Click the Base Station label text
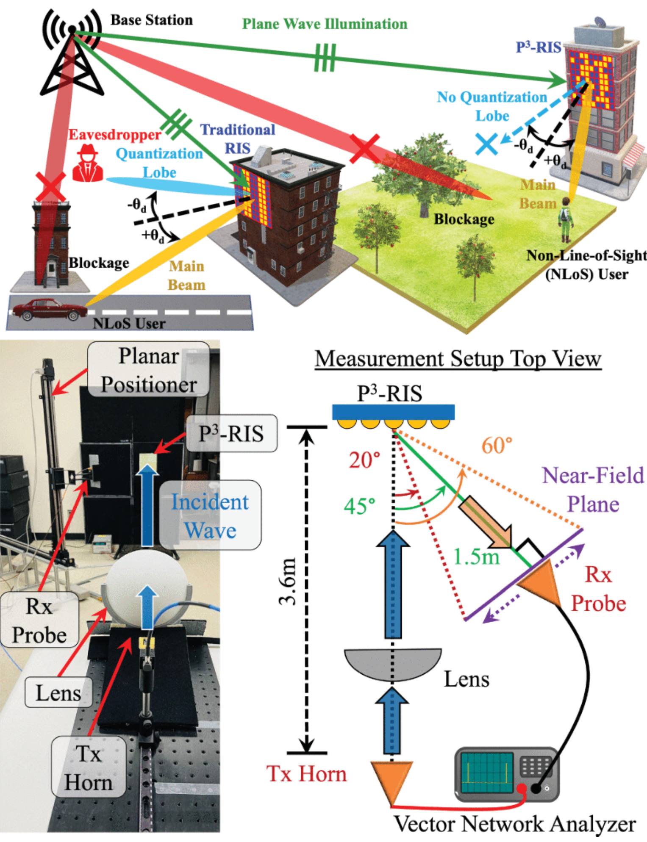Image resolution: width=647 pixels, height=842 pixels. (151, 20)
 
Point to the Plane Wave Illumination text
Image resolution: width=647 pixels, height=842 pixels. (325, 24)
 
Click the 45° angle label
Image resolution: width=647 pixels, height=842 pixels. (359, 506)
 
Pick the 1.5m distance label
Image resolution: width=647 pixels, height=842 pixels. (477, 557)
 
